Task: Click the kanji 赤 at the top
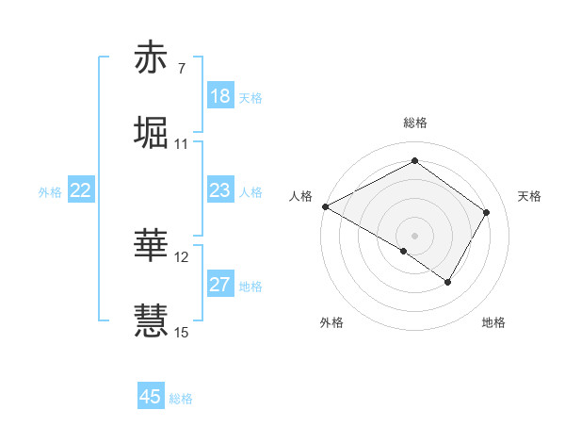pyautogui.click(x=153, y=59)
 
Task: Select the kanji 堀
pyautogui.click(x=153, y=133)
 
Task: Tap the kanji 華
pyautogui.click(x=153, y=244)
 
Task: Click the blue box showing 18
pyautogui.click(x=220, y=96)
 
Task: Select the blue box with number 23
pyautogui.click(x=220, y=190)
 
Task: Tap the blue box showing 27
pyautogui.click(x=220, y=285)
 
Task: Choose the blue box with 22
pyautogui.click(x=80, y=190)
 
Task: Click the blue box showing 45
pyautogui.click(x=151, y=397)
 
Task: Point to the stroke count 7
pyautogui.click(x=181, y=69)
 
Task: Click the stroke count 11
pyautogui.click(x=181, y=144)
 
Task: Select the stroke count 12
pyautogui.click(x=182, y=256)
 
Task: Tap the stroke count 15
pyautogui.click(x=182, y=331)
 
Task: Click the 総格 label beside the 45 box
pyautogui.click(x=181, y=399)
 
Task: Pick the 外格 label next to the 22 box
pyautogui.click(x=50, y=192)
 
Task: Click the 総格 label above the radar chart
pyautogui.click(x=414, y=123)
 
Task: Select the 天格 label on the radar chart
pyautogui.click(x=529, y=196)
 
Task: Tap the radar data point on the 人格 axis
pyautogui.click(x=325, y=206)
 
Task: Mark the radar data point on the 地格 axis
pyautogui.click(x=448, y=282)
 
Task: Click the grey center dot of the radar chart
pyautogui.click(x=414, y=235)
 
